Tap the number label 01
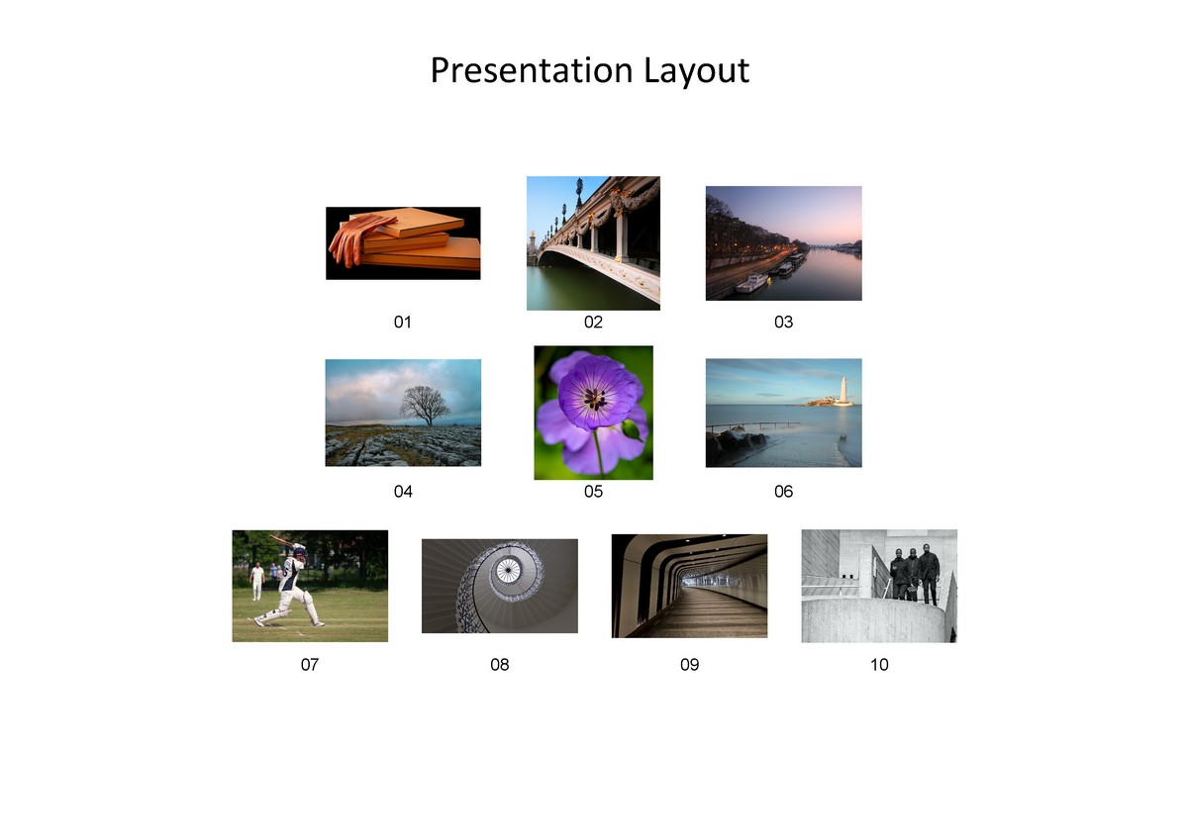click(402, 322)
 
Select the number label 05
click(593, 491)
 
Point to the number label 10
click(879, 665)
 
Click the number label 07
click(310, 665)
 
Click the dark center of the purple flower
click(594, 398)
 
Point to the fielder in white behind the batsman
click(257, 580)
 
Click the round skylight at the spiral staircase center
click(509, 568)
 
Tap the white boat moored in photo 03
click(751, 283)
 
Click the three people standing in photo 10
click(914, 574)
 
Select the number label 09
click(689, 665)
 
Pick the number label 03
click(783, 322)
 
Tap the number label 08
click(500, 665)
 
